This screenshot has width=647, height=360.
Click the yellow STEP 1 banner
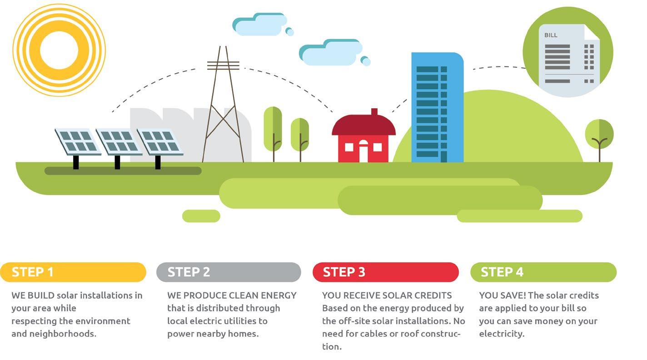pyautogui.click(x=73, y=272)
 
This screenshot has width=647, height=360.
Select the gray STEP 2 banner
pyautogui.click(x=229, y=272)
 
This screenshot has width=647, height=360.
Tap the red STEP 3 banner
pyautogui.click(x=385, y=272)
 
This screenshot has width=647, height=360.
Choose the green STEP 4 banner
pyautogui.click(x=543, y=272)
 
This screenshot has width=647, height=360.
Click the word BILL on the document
pyautogui.click(x=551, y=35)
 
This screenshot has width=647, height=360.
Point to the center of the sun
pyautogui.click(x=59, y=50)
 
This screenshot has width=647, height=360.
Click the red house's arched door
pyautogui.click(x=363, y=151)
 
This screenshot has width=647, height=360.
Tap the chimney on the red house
pyautogui.click(x=374, y=112)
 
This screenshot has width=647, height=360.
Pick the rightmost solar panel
pyautogui.click(x=160, y=141)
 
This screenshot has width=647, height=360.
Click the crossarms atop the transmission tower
pyautogui.click(x=223, y=65)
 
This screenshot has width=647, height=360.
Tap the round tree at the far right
pyautogui.click(x=599, y=134)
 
